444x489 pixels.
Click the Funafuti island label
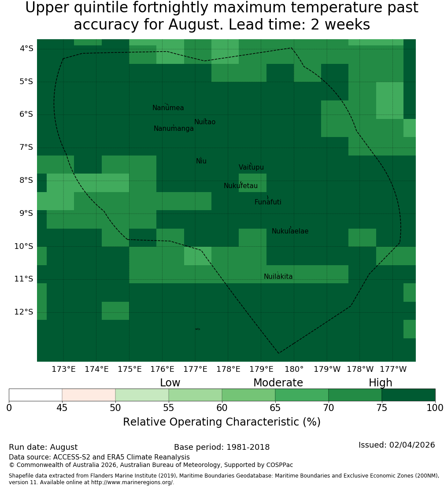click(x=268, y=202)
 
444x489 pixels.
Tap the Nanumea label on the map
click(x=168, y=107)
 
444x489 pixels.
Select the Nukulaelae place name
click(x=290, y=231)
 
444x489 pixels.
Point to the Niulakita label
click(x=278, y=276)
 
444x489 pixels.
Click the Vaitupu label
click(x=252, y=167)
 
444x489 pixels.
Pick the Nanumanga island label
click(x=174, y=129)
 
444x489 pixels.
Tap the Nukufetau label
click(x=240, y=185)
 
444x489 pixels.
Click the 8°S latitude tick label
click(x=26, y=180)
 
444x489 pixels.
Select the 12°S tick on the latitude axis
click(x=24, y=312)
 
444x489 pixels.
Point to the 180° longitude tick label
click(x=294, y=369)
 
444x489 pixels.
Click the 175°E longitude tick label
click(x=129, y=369)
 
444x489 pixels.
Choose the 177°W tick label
click(x=393, y=369)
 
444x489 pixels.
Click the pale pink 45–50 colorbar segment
click(x=89, y=395)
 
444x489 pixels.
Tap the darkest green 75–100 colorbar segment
click(x=408, y=395)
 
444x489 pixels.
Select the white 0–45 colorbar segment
click(x=36, y=395)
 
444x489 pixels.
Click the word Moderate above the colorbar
click(x=278, y=383)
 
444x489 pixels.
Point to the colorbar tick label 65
click(x=275, y=407)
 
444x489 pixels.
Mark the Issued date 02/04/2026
click(x=412, y=445)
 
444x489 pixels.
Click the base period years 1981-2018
click(x=248, y=447)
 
